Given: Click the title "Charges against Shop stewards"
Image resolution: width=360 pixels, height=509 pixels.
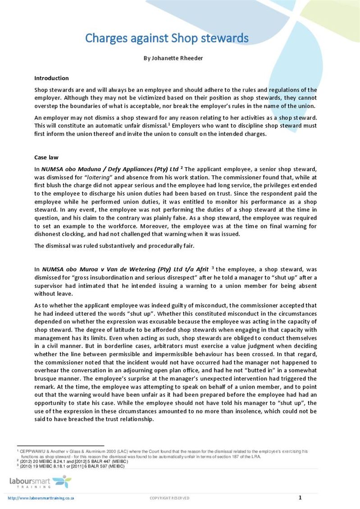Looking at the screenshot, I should point(167,38).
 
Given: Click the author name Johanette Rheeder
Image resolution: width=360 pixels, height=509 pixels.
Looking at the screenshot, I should point(172,58).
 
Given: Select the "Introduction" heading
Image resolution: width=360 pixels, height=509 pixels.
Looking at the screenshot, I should point(51,78).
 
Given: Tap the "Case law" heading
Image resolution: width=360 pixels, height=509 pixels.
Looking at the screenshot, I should point(47,157).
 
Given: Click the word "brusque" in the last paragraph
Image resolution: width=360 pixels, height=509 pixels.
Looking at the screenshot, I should point(46,379).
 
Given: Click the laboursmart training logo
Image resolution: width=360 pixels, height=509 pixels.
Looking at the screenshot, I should point(40,482).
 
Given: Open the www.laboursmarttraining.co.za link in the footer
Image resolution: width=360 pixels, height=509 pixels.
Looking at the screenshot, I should point(41,498).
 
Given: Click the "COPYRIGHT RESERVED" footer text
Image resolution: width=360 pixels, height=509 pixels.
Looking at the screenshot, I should point(169,498).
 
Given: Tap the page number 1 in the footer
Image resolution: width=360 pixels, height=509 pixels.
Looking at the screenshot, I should point(300,497).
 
